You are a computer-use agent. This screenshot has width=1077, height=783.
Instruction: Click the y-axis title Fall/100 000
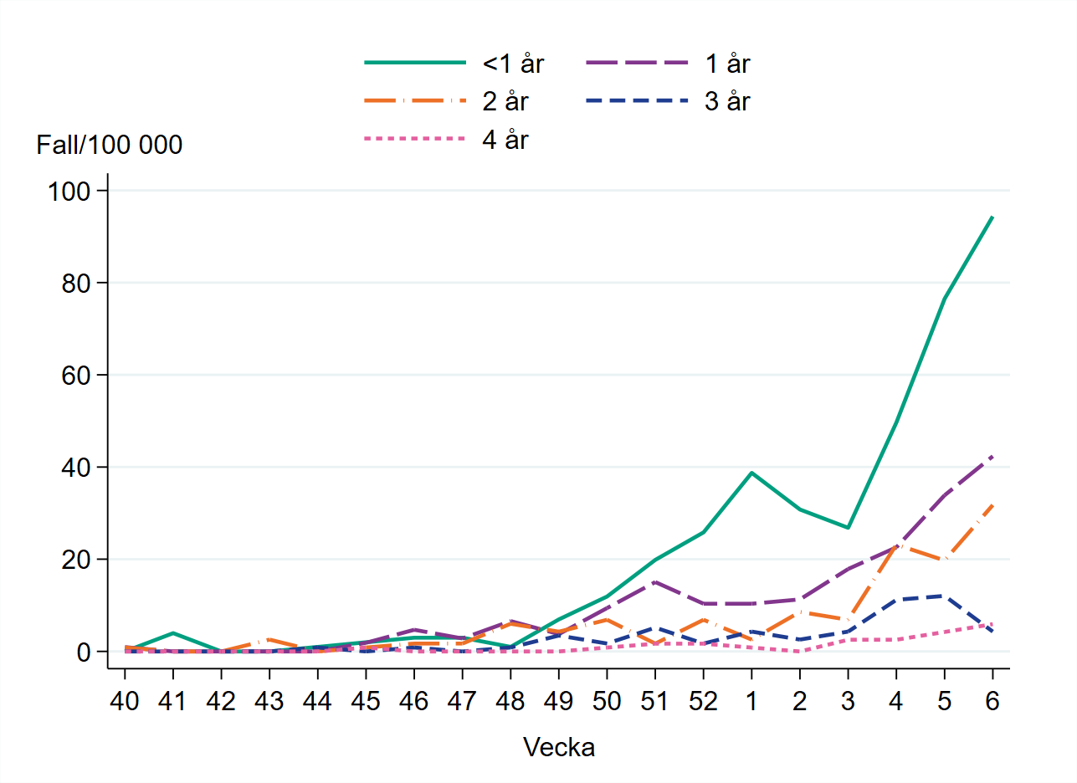pos(110,146)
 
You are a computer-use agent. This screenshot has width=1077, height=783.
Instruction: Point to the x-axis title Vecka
pos(559,747)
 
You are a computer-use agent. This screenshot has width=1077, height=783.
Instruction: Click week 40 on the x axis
pos(124,702)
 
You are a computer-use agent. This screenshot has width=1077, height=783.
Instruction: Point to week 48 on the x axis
pos(510,702)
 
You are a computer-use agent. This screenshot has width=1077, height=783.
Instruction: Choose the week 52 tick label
pos(703,702)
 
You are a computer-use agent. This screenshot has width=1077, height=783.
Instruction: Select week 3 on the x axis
pos(848,702)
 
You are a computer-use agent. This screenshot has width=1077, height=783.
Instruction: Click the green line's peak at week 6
pos(992,217)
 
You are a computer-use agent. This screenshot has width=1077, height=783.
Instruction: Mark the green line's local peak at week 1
pos(751,473)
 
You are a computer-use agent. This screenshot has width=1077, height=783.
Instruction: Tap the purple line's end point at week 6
pos(992,457)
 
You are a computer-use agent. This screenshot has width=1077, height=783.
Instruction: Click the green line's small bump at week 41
pos(172,632)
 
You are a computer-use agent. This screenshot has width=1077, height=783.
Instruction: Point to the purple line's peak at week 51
pos(655,581)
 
